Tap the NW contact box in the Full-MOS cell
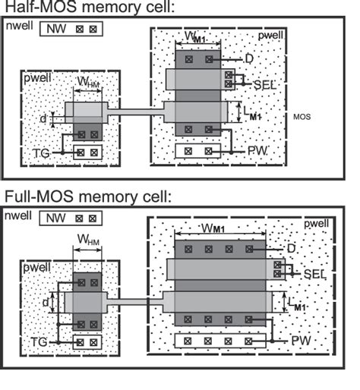click(72, 219)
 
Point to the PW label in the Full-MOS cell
click(302, 342)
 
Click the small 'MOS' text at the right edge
click(302, 118)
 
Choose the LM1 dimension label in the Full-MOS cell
click(298, 306)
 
